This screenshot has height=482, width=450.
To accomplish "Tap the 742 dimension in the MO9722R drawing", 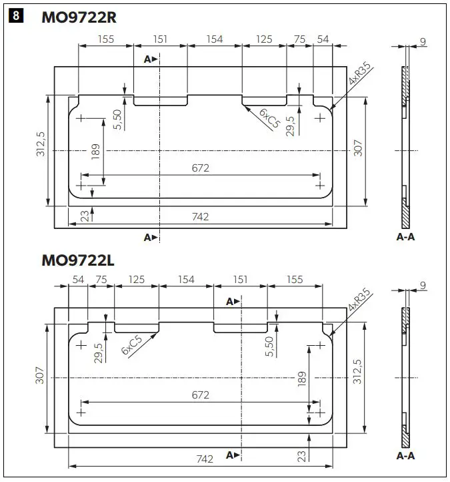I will (200, 216).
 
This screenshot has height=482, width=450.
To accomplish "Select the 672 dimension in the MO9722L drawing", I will (200, 395).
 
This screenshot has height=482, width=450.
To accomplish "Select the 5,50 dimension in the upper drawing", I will (117, 119).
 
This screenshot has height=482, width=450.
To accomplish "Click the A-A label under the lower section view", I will (405, 456).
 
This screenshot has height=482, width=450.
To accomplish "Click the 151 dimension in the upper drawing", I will (160, 39).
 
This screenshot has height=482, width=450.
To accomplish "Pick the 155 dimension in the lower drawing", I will (295, 280).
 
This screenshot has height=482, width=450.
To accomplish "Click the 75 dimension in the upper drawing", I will (299, 39).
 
